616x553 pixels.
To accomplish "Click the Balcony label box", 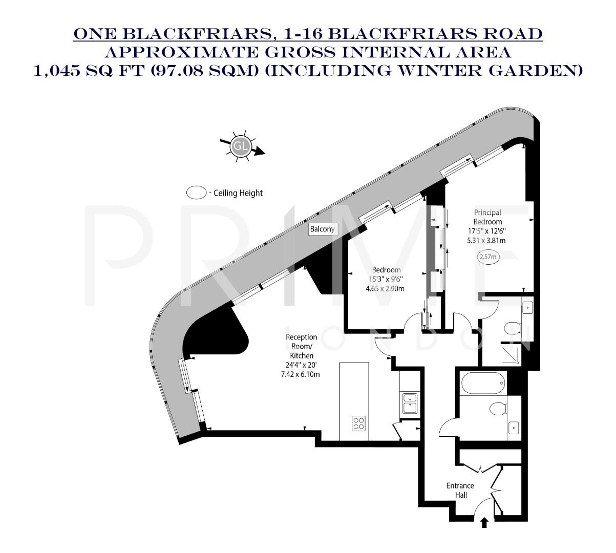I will click(x=323, y=229).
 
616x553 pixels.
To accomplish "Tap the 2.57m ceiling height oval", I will click(x=487, y=257).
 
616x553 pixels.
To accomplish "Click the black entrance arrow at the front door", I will click(x=484, y=523).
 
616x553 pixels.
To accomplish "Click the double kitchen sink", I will click(x=410, y=403).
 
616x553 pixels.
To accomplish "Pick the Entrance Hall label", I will click(x=460, y=490).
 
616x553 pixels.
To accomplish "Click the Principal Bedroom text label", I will click(x=487, y=217).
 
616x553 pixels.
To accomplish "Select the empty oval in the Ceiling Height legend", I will click(x=196, y=193).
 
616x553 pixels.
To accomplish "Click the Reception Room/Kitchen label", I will click(x=301, y=346).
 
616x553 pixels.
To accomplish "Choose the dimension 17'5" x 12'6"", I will click(x=487, y=231).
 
